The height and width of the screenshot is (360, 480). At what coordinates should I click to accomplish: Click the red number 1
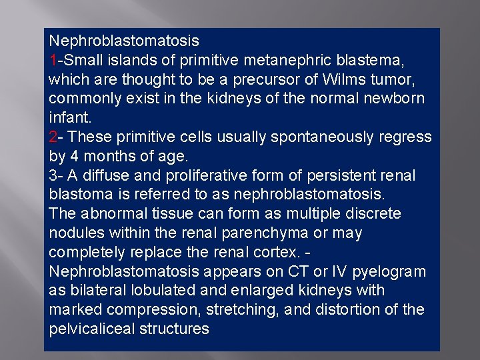coord(53,61)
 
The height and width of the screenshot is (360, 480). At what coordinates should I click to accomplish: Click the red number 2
coord(53,137)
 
